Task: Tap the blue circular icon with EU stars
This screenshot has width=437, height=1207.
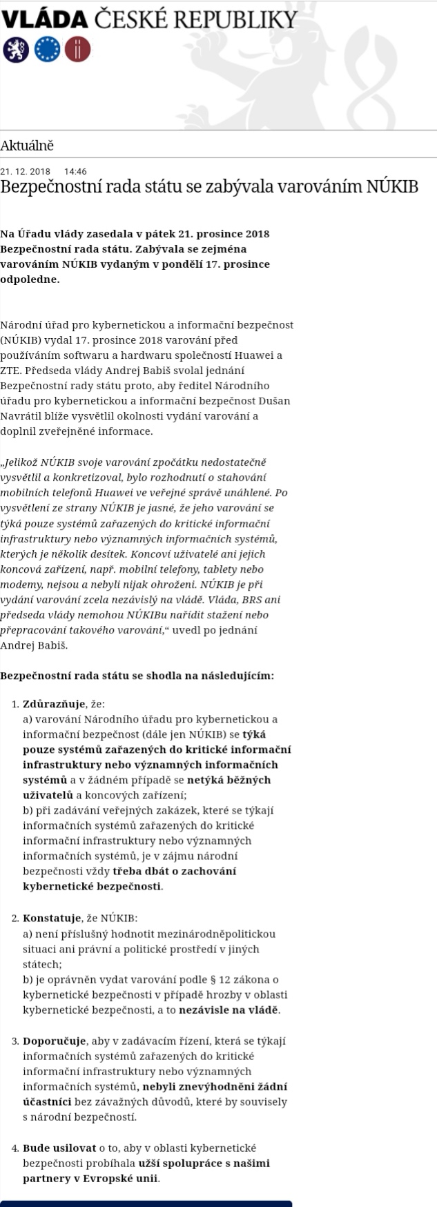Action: tap(47, 49)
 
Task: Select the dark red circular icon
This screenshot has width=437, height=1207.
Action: tap(77, 49)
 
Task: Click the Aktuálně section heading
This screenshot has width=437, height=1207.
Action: tap(27, 146)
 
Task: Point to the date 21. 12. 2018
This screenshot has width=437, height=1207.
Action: tap(26, 171)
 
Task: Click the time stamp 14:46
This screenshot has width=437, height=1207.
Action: tap(75, 171)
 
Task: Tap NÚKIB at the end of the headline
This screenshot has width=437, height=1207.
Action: tap(391, 186)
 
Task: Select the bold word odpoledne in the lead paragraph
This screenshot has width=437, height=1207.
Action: tap(30, 279)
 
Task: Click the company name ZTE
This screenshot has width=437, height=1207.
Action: tap(10, 371)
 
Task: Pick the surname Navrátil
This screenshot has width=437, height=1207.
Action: tap(23, 416)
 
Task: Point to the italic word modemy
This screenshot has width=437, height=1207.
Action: tap(19, 585)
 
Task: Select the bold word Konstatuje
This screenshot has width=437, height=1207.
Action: tap(52, 918)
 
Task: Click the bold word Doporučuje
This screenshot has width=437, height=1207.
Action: tap(55, 1041)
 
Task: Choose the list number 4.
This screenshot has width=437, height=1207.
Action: tap(15, 1148)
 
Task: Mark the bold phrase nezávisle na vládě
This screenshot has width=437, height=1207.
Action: tap(229, 1010)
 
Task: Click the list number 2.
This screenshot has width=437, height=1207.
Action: tap(15, 918)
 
